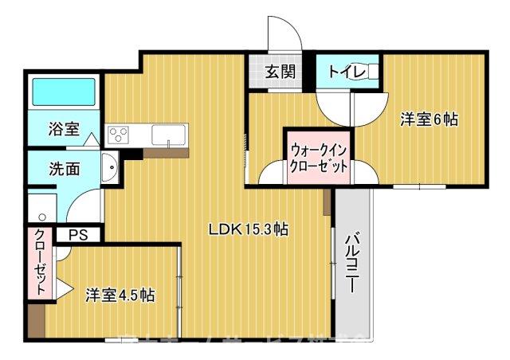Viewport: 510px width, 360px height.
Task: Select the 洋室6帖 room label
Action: click(429, 119)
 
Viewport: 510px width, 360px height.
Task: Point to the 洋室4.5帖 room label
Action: click(120, 295)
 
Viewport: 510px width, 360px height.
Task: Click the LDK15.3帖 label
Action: click(248, 230)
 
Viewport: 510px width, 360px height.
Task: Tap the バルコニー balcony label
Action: click(351, 264)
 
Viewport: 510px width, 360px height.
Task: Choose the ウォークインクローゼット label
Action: click(319, 158)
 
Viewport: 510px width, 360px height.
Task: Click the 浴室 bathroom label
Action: click(63, 128)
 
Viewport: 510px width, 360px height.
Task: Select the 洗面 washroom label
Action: click(63, 169)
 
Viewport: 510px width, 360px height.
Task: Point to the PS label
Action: click(77, 235)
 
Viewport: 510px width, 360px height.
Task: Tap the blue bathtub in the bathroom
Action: click(63, 94)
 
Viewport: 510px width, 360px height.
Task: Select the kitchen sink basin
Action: click(169, 134)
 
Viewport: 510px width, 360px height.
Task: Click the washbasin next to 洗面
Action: click(109, 169)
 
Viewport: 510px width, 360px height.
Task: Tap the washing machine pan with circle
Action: click(39, 209)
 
